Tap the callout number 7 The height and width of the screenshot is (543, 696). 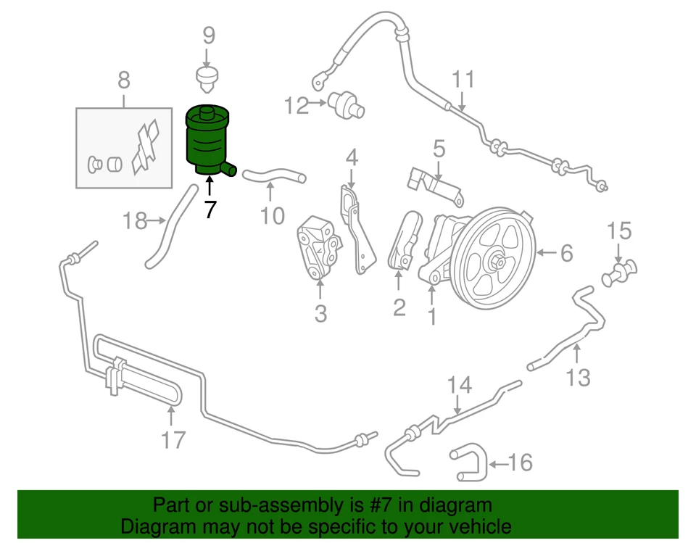pyautogui.click(x=209, y=210)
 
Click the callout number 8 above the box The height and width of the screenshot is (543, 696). pyautogui.click(x=123, y=80)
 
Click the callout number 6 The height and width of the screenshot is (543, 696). pyautogui.click(x=566, y=253)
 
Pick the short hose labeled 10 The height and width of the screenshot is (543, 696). pyautogui.click(x=273, y=175)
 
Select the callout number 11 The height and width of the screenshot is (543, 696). pyautogui.click(x=463, y=78)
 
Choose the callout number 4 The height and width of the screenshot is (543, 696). pyautogui.click(x=352, y=156)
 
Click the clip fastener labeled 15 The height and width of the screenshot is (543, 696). pyautogui.click(x=618, y=273)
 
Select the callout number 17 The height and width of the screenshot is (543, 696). pyautogui.click(x=172, y=439)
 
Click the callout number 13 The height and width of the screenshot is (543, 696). pyautogui.click(x=578, y=376)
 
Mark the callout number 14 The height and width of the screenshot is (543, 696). pyautogui.click(x=458, y=385)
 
